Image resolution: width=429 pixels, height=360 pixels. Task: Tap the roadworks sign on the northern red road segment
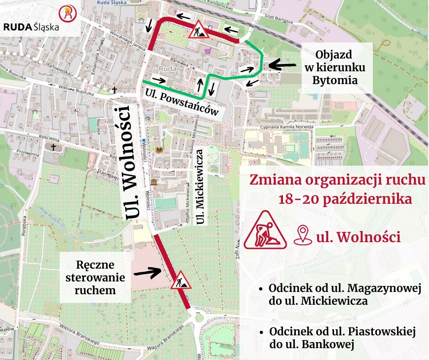point(199,30)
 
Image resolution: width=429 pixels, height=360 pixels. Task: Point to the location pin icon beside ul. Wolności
point(302,236)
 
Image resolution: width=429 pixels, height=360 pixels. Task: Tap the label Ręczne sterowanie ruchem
point(96,277)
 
